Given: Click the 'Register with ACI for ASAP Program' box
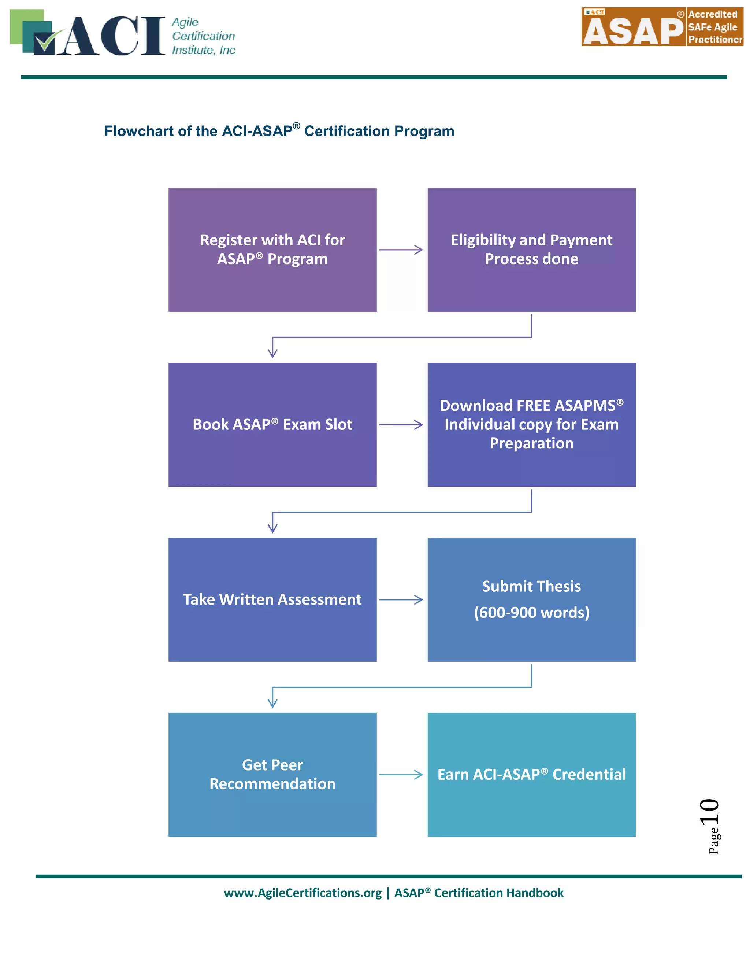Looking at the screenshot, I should [272, 250].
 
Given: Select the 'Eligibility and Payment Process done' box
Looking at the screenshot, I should [531, 250].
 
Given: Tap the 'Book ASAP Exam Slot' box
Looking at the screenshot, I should [272, 424].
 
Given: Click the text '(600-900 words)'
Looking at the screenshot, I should [531, 612].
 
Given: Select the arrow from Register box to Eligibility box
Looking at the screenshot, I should [400, 250].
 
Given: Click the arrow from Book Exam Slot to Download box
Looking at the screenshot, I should [400, 425].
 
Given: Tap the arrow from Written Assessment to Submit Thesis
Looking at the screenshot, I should [400, 599].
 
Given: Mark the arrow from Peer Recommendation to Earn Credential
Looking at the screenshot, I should [400, 775].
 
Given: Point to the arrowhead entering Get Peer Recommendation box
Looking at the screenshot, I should [272, 704].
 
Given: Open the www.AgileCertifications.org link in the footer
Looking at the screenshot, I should [302, 893].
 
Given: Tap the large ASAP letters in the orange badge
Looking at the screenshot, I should [633, 31].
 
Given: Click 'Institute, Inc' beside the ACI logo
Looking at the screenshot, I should [204, 50].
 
